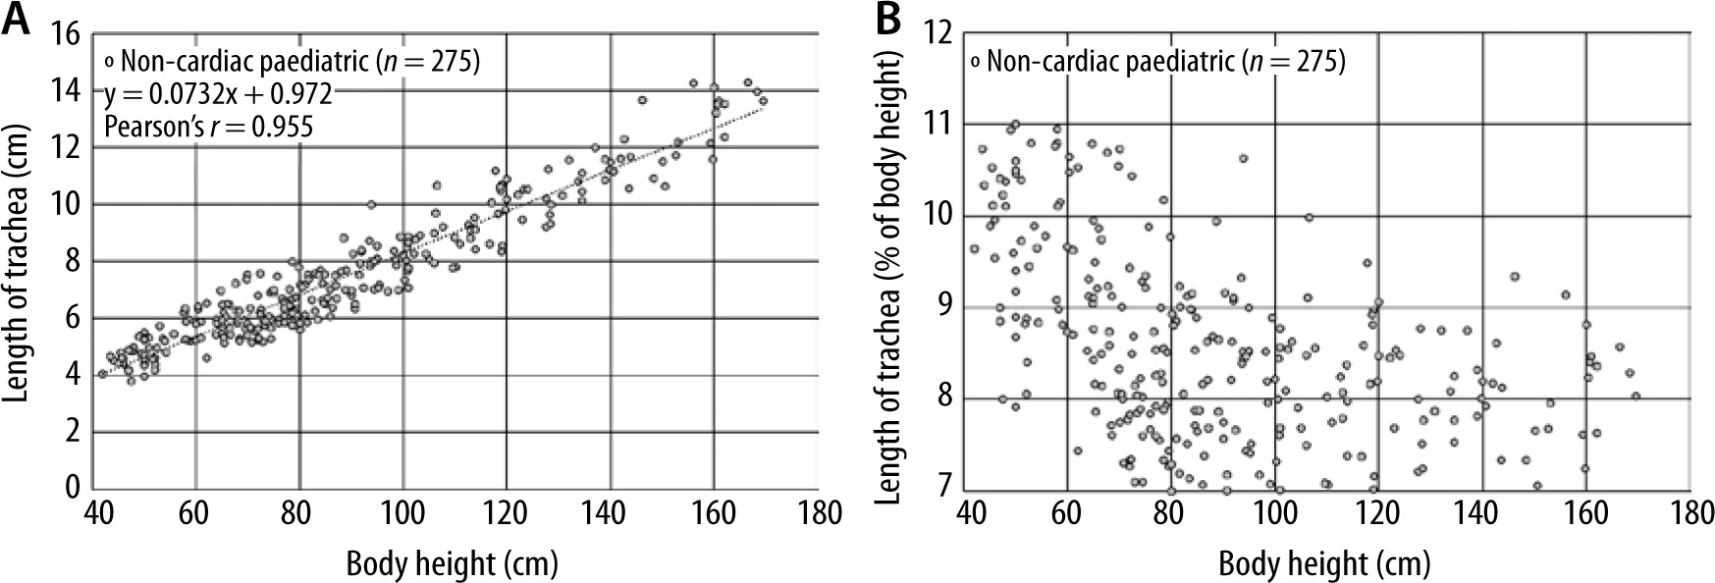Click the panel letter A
17,21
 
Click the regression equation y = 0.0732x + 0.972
218,94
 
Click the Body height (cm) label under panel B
1324,564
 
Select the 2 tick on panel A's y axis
72,432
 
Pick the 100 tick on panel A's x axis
402,512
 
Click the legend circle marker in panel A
110,63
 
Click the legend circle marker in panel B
976,63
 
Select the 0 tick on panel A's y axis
72,488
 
